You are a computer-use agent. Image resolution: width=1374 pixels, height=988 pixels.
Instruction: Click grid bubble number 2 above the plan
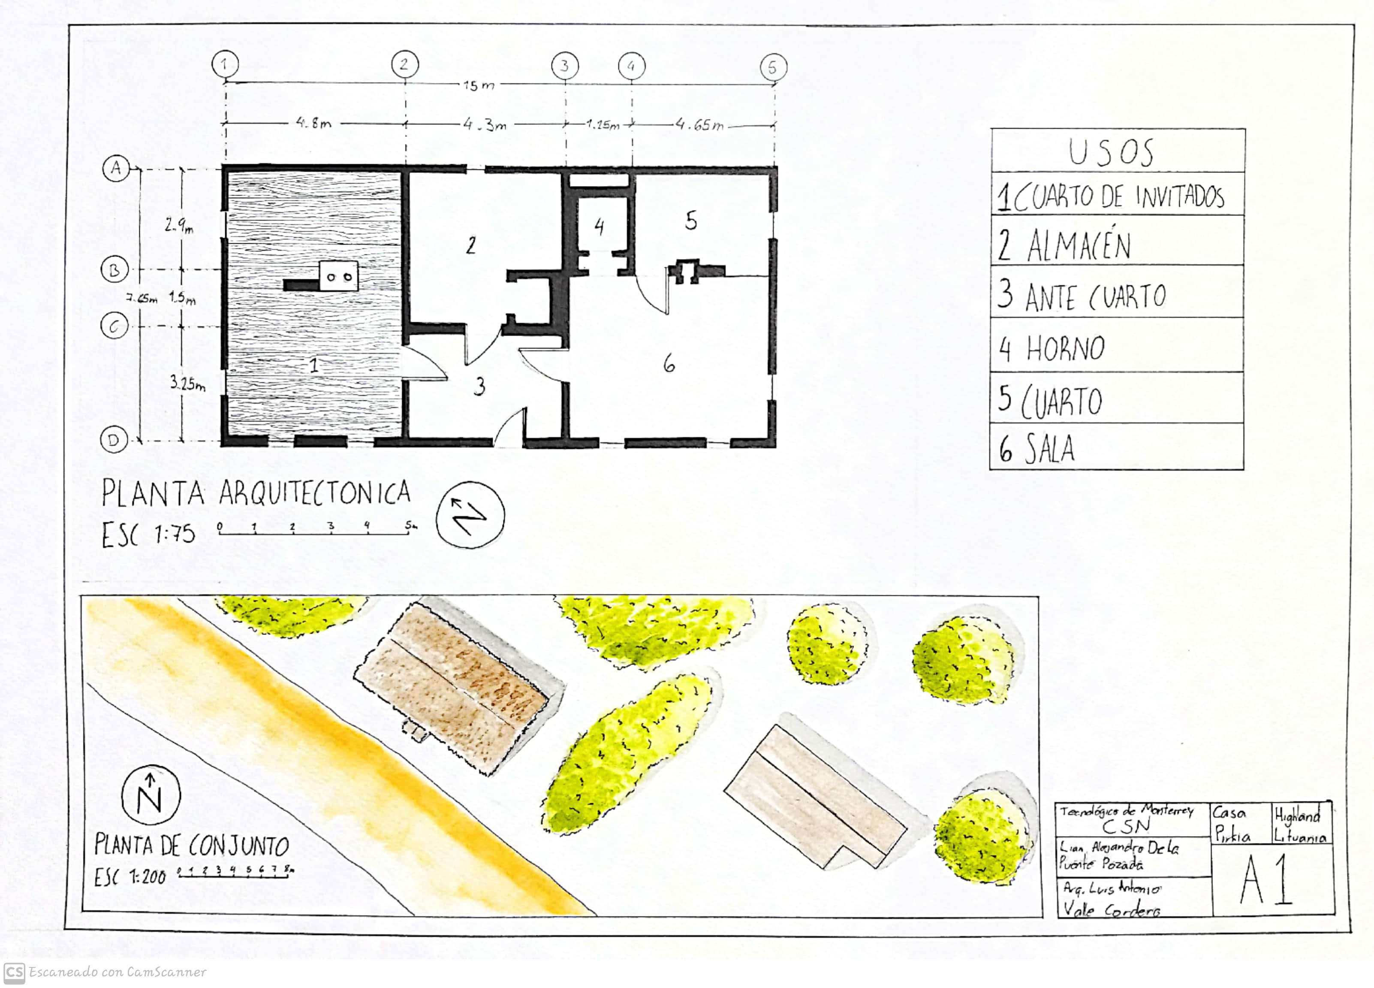pos(404,64)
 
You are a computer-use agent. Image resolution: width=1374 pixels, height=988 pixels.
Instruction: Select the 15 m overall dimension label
pos(479,85)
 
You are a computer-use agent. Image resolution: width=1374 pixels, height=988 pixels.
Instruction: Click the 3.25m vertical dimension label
pos(187,384)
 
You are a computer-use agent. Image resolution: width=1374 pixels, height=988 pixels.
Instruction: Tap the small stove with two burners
pos(339,276)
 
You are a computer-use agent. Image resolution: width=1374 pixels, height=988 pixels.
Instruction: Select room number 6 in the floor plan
pos(669,364)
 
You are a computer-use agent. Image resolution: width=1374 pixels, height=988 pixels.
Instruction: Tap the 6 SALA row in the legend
pos(1037,449)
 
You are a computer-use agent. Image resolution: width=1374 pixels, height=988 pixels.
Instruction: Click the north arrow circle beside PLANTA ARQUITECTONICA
pos(470,515)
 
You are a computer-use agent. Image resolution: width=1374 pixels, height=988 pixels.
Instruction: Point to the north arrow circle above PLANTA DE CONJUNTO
pos(151,796)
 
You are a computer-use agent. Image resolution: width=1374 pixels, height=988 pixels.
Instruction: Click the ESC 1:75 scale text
pos(148,535)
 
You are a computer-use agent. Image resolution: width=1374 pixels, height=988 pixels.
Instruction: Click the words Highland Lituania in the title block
pos(1299,825)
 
